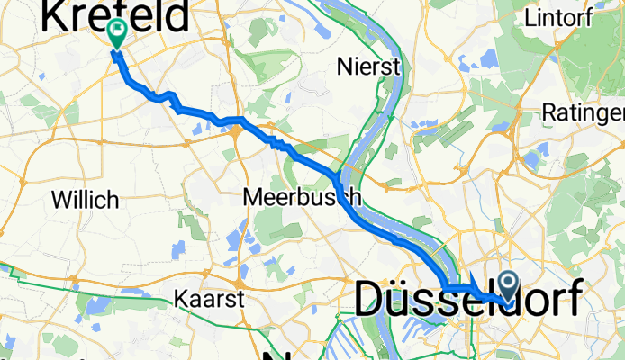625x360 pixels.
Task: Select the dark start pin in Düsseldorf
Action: pyautogui.click(x=508, y=287)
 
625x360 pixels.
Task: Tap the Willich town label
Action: pyautogui.click(x=85, y=199)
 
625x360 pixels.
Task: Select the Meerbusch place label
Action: pyautogui.click(x=303, y=197)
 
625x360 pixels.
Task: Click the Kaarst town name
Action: pyautogui.click(x=210, y=298)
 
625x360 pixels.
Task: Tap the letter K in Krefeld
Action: pyautogui.click(x=56, y=17)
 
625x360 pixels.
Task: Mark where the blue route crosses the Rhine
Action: pyautogui.click(x=337, y=181)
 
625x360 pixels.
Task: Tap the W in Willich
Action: pyautogui.click(x=60, y=199)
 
